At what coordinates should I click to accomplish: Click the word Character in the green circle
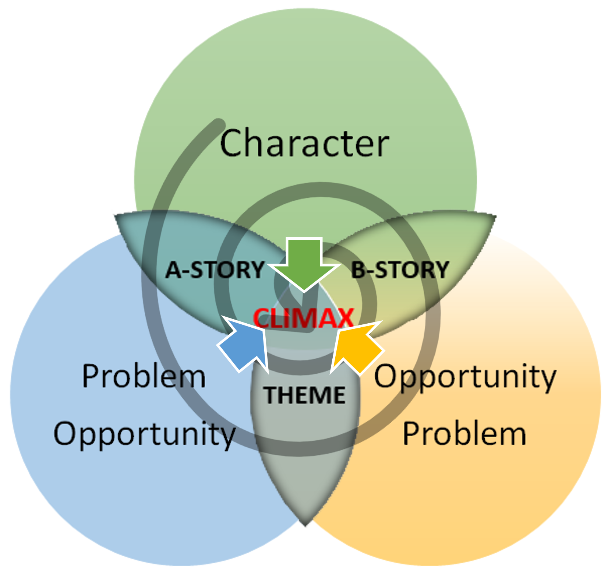click(x=304, y=143)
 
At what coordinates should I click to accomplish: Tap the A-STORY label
click(x=215, y=270)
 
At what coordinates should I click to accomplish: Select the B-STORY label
click(x=400, y=270)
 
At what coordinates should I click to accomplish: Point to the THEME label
click(x=305, y=395)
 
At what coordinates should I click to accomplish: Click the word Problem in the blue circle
click(x=144, y=376)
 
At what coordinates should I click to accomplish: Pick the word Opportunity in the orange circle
click(x=465, y=377)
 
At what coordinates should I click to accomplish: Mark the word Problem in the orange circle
click(x=464, y=434)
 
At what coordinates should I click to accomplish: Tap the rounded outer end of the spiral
click(x=219, y=124)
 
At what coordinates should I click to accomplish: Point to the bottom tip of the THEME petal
click(x=305, y=524)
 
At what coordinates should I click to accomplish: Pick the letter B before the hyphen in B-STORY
click(x=358, y=270)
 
